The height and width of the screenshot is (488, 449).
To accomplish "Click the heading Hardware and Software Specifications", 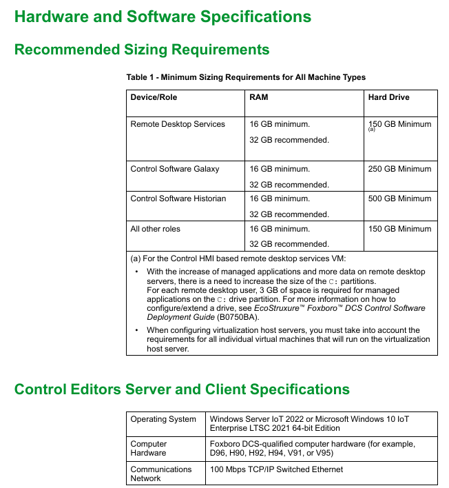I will coord(163,17).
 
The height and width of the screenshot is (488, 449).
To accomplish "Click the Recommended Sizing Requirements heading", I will coord(142,50).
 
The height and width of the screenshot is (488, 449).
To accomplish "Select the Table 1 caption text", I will coord(246,77).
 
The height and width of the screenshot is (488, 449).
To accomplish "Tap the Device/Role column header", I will coord(154,97).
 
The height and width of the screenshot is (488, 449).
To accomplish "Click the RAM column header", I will coord(259,97).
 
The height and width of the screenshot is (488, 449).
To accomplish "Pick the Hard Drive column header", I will coord(388,97).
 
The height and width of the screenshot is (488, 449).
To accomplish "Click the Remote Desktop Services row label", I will coord(178,124).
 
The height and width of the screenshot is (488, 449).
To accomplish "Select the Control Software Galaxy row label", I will coord(175,169).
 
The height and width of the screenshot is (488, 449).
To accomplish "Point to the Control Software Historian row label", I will coord(178,199).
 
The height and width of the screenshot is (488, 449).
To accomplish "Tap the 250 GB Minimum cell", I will coord(400,169).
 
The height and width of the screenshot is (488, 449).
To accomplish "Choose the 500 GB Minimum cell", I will coord(400,199).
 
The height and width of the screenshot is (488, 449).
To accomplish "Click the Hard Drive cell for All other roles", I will coord(400,229).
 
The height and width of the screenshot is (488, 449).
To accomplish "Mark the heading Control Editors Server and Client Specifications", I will coord(182,389).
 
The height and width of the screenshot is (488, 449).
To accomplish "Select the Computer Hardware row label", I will coord(149,449).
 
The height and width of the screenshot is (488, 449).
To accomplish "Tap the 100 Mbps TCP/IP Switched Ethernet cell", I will coord(276,469).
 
